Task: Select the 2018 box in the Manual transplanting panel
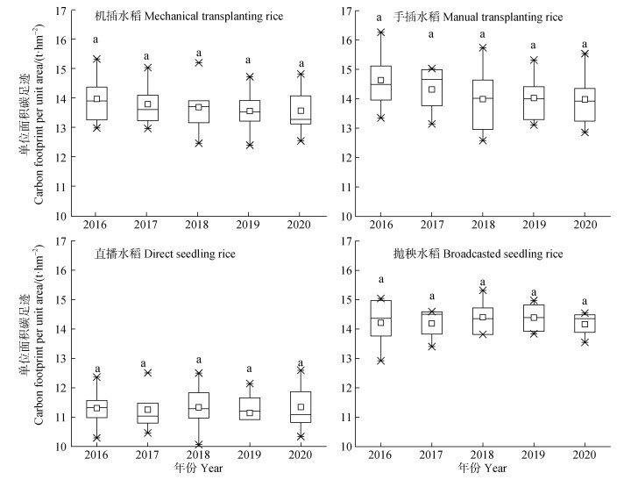(482, 104)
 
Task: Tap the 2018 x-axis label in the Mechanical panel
(198, 226)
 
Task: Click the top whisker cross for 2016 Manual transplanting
(380, 32)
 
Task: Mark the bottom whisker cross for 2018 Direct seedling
(198, 444)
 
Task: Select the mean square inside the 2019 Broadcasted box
(533, 318)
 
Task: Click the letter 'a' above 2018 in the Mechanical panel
(198, 53)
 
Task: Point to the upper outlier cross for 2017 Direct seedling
(147, 373)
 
